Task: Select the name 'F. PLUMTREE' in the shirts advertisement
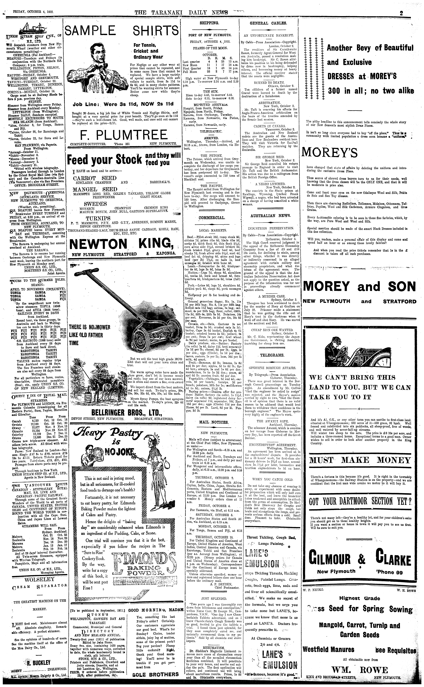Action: click(123, 135)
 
